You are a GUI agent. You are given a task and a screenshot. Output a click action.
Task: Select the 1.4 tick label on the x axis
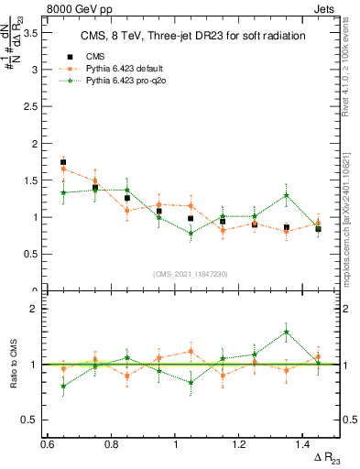point(305,445)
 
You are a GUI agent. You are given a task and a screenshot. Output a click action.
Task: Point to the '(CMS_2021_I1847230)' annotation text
point(191,273)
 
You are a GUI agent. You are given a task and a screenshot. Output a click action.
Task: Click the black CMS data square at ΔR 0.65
point(63,162)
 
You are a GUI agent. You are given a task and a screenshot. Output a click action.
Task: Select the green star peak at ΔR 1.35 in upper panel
point(287,195)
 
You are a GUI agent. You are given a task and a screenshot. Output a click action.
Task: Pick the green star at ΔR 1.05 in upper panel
point(191,234)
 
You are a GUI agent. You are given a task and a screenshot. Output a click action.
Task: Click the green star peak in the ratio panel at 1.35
point(287,333)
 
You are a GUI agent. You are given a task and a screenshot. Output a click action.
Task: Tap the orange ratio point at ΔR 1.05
point(191,351)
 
